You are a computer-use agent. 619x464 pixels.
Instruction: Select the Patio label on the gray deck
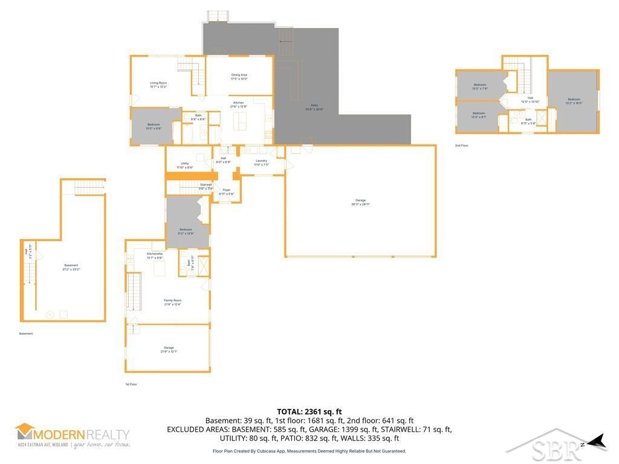[x=314, y=107]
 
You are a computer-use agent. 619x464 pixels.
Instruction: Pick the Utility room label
[x=185, y=165]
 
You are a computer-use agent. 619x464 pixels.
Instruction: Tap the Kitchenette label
[x=155, y=256]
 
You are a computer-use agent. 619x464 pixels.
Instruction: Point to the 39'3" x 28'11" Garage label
[x=360, y=202]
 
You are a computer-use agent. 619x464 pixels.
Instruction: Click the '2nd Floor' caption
[x=462, y=146]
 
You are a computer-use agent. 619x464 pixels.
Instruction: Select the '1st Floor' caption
[x=131, y=384]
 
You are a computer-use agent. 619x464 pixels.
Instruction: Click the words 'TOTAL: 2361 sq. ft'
[x=309, y=411]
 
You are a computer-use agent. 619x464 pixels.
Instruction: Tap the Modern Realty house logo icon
[x=25, y=431]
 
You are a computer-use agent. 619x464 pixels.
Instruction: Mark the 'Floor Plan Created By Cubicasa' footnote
[x=309, y=451]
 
